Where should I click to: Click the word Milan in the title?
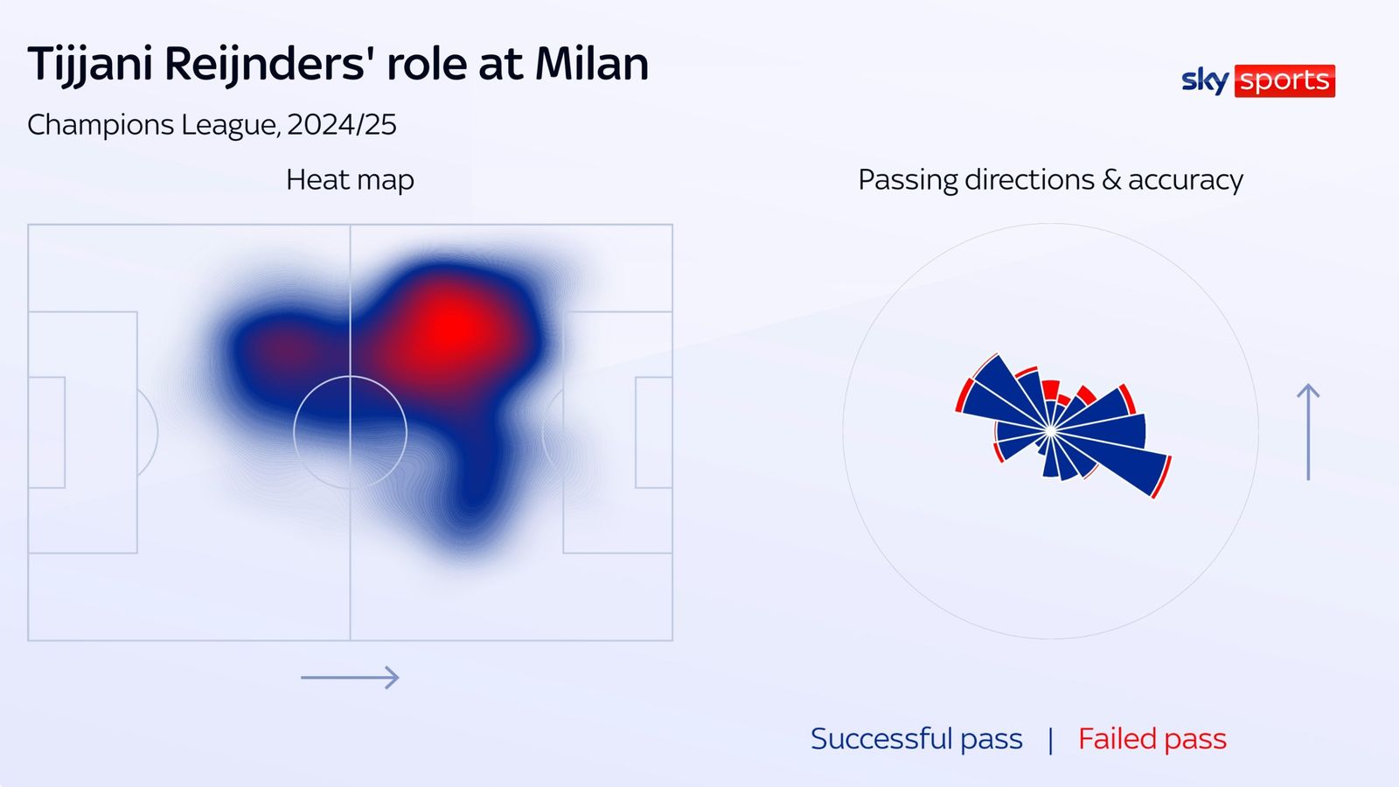click(592, 65)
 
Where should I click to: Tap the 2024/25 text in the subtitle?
click(341, 125)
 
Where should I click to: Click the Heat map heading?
click(350, 180)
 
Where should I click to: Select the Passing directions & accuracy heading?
click(1050, 180)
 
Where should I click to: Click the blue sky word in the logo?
click(1204, 80)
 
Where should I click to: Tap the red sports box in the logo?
click(1284, 80)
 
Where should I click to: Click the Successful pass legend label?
click(916, 739)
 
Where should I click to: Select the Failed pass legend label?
click(1152, 739)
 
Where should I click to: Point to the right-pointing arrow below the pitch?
click(350, 678)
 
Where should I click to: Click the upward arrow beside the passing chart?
click(1308, 432)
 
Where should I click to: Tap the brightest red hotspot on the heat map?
click(452, 328)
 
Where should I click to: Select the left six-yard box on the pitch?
click(47, 432)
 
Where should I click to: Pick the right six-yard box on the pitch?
click(653, 432)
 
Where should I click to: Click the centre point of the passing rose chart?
click(1050, 431)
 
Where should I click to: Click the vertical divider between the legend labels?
click(1050, 740)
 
